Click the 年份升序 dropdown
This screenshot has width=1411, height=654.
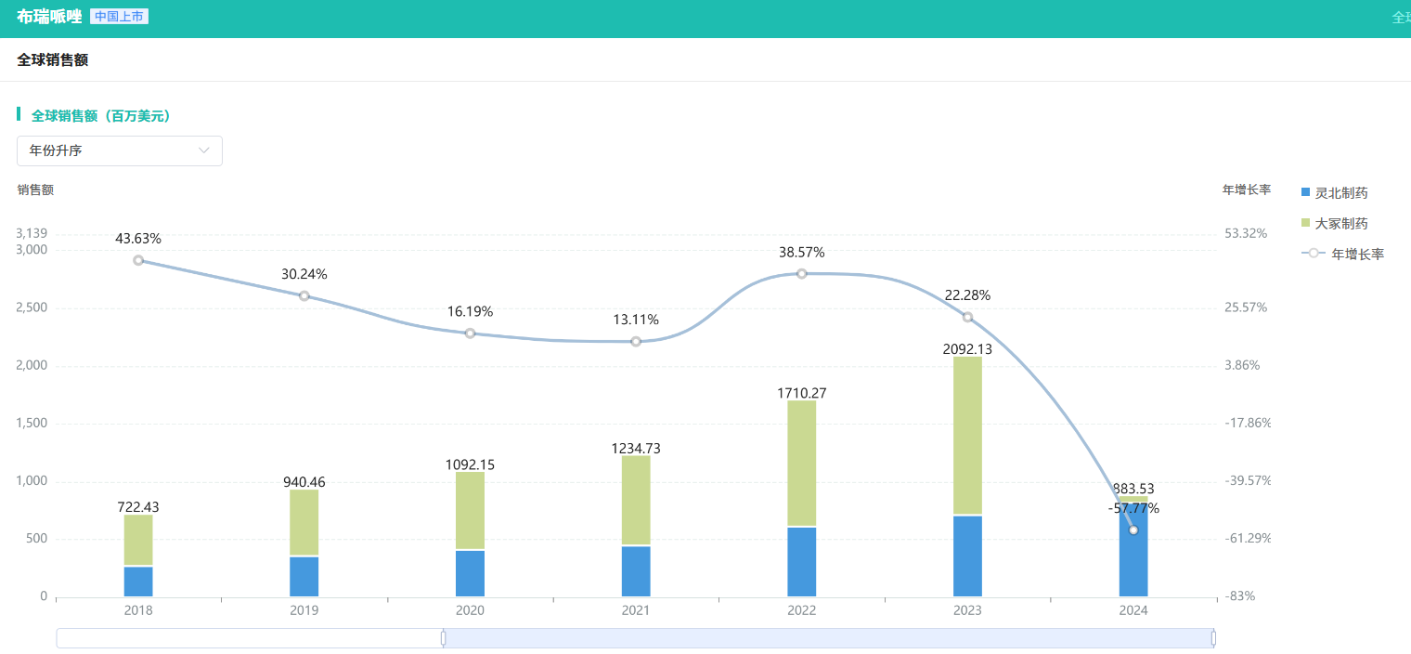coord(120,150)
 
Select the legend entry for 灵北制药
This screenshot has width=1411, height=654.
coord(1335,193)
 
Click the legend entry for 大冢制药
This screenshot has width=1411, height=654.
coord(1335,224)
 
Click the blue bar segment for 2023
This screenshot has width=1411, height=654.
coord(967,556)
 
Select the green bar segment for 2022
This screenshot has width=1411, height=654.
coord(802,463)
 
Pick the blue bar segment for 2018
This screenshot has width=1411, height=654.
coord(138,582)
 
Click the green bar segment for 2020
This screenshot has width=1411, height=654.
coord(470,510)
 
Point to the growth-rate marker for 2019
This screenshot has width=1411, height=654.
coord(304,296)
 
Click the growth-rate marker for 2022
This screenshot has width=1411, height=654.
coord(802,274)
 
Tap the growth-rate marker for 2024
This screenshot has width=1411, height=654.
coord(1133,530)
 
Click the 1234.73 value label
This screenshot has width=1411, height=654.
coord(636,449)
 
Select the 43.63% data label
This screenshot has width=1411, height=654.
coord(138,239)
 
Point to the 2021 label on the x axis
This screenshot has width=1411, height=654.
coord(636,610)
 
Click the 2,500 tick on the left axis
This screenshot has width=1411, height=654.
coord(32,308)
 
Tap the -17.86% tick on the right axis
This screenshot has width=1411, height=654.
coord(1248,423)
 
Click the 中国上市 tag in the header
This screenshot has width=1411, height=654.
coord(120,17)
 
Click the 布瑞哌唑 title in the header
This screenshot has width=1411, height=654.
coord(49,17)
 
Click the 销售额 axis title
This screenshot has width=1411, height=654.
coord(35,190)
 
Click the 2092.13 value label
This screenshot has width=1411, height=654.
coord(967,349)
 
